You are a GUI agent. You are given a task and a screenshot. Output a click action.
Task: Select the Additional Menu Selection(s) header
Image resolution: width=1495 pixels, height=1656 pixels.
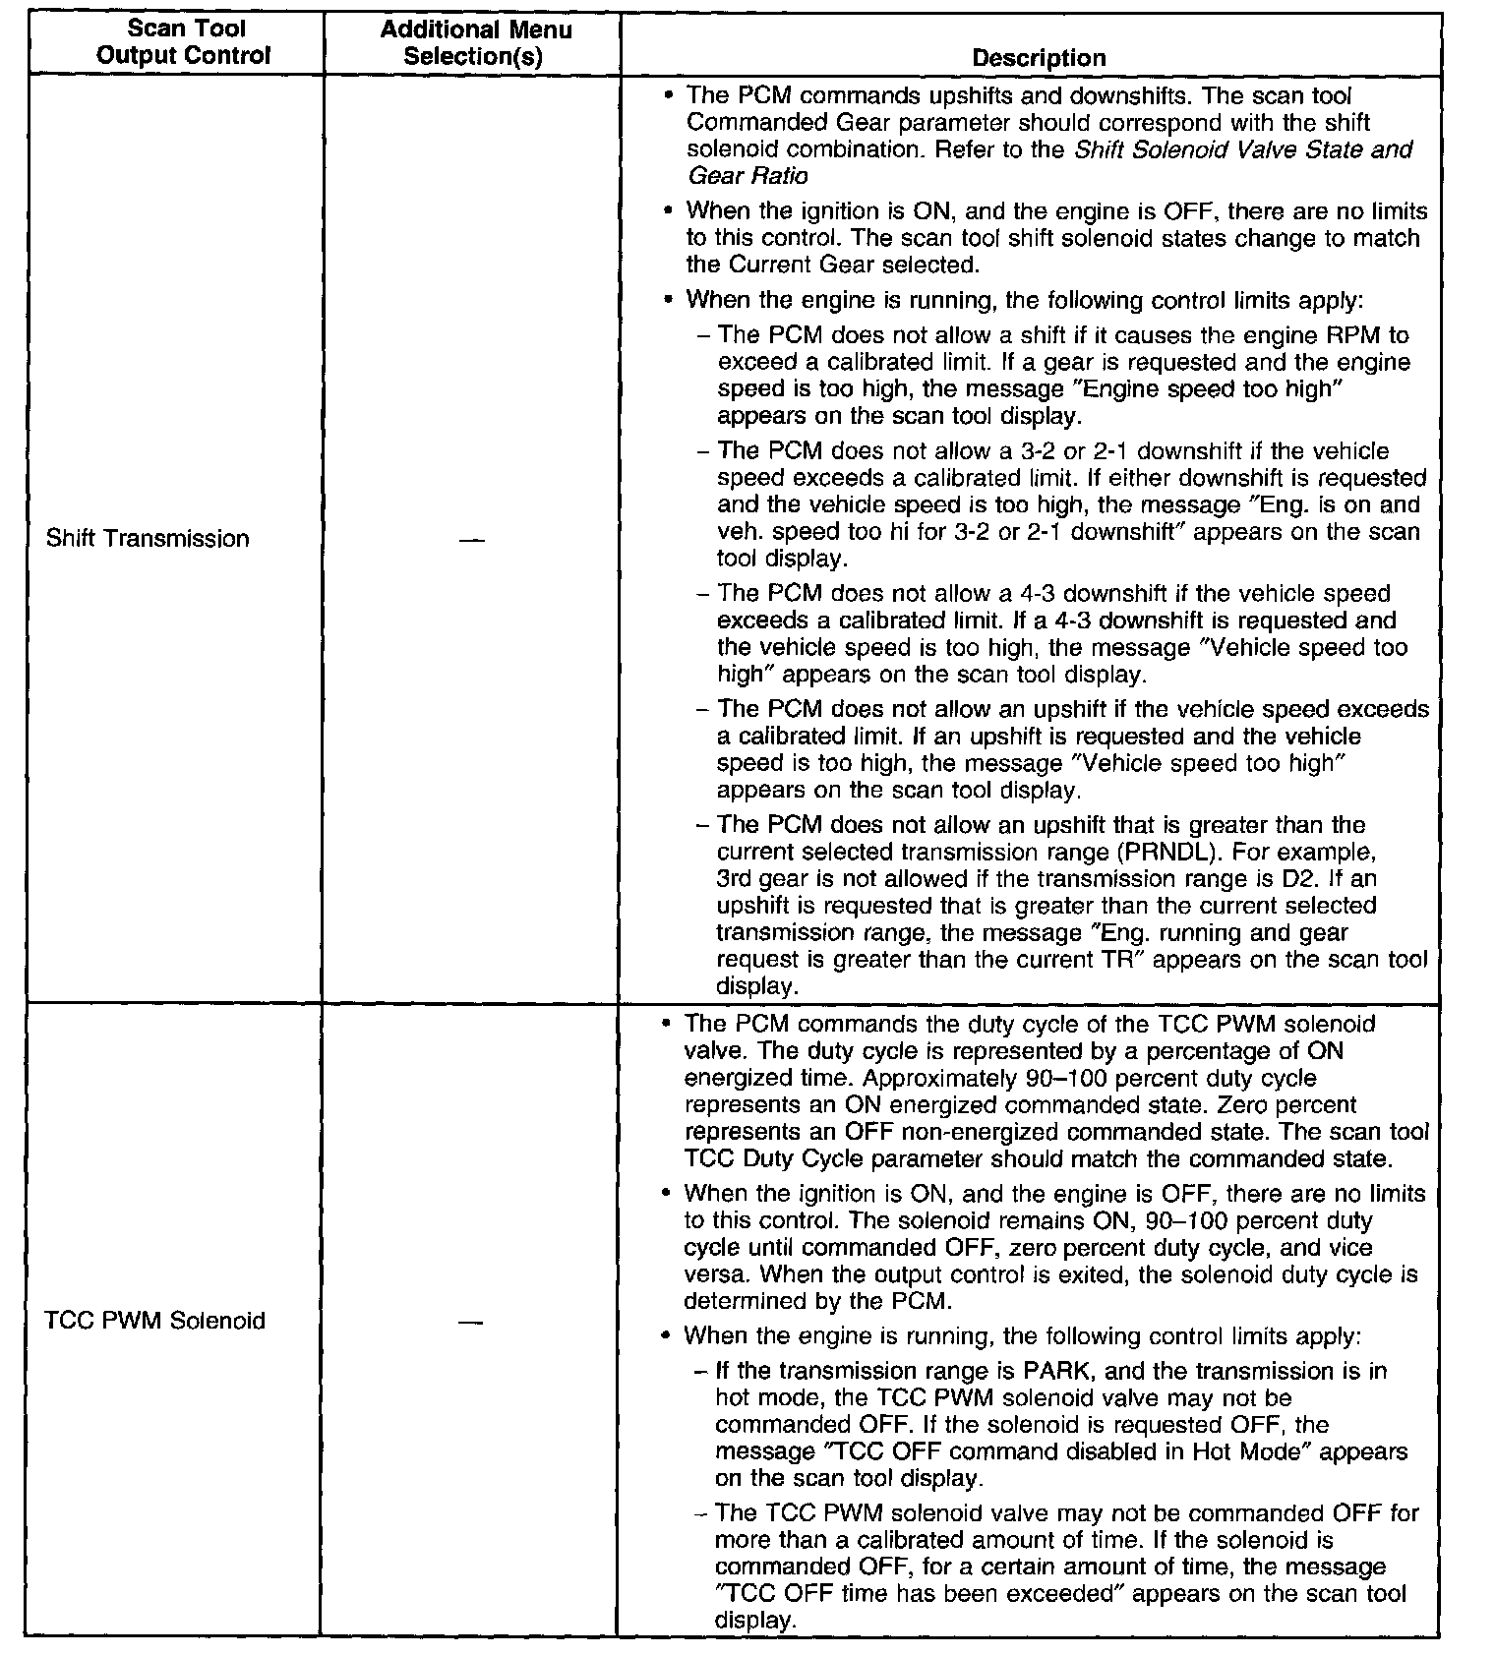475,42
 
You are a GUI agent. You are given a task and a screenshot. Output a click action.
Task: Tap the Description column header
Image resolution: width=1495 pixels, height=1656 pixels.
1039,58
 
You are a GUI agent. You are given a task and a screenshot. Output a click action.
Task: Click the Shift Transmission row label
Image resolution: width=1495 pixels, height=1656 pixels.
148,539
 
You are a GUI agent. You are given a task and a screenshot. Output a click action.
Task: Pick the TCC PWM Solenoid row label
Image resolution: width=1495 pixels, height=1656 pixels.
154,1320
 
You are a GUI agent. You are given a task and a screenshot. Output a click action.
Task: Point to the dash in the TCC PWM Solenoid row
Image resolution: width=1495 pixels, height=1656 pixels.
470,1322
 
